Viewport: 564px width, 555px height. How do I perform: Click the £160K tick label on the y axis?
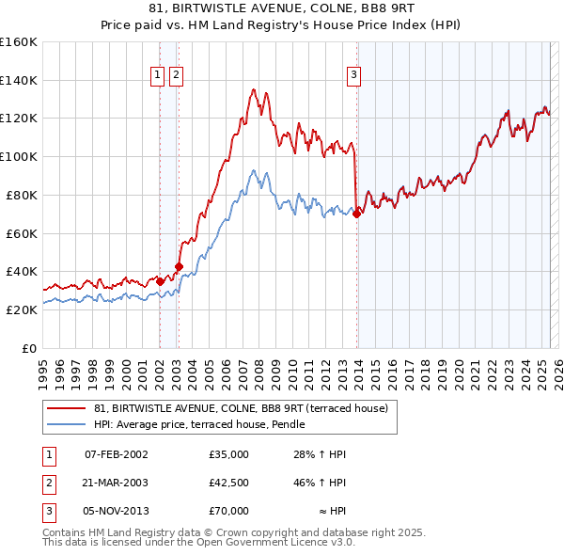pyautogui.click(x=19, y=41)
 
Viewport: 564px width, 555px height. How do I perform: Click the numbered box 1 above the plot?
pyautogui.click(x=159, y=77)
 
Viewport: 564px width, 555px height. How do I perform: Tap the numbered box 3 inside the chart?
pyautogui.click(x=354, y=77)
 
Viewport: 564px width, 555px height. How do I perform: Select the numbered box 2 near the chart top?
pyautogui.click(x=177, y=77)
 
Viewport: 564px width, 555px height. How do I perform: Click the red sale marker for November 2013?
pyautogui.click(x=357, y=214)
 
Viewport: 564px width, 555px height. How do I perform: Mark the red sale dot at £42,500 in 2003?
pyautogui.click(x=179, y=266)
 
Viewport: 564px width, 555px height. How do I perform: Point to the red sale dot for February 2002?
pyautogui.click(x=160, y=280)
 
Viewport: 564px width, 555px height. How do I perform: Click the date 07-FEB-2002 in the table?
pyautogui.click(x=117, y=454)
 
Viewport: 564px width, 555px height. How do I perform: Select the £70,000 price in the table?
pyautogui.click(x=229, y=511)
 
